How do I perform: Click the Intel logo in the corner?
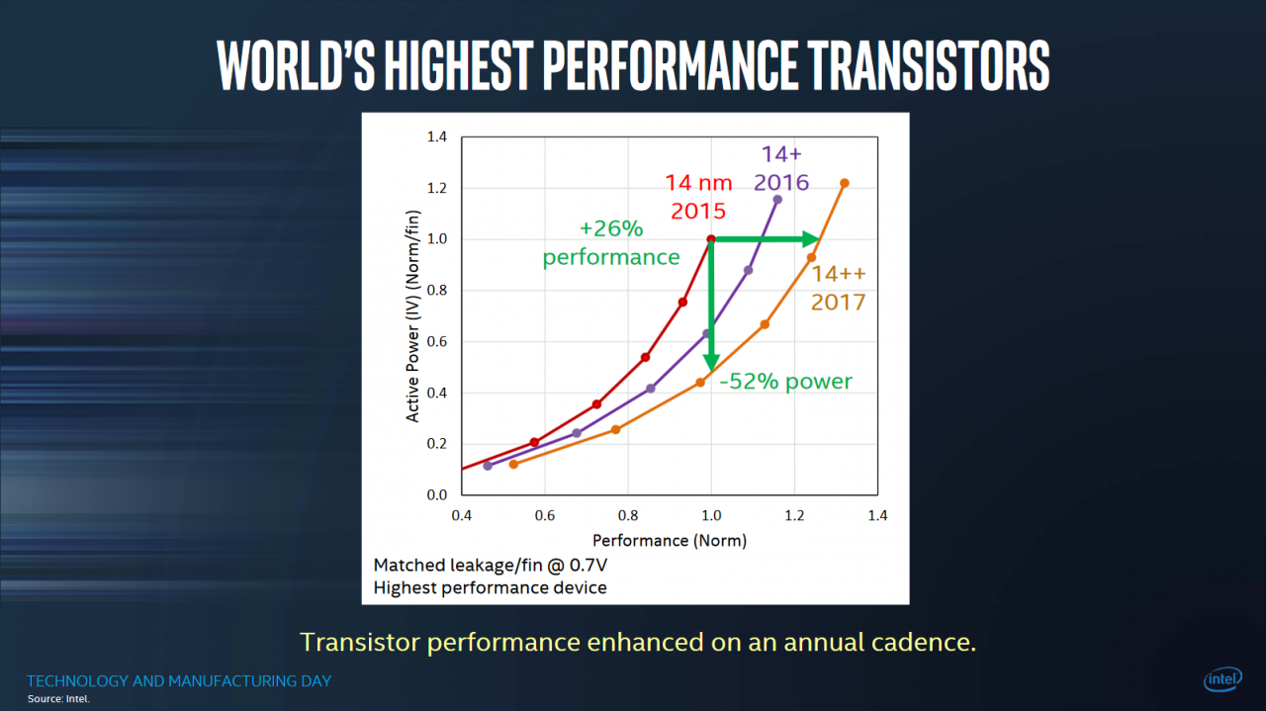point(1223,678)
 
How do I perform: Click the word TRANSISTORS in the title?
point(929,65)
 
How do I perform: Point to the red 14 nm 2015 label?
point(698,197)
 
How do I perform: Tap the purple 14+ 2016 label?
point(781,168)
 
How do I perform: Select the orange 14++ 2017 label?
point(838,288)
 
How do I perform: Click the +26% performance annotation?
point(611,242)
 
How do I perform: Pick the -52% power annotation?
point(785,382)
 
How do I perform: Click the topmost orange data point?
point(845,183)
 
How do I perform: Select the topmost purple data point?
point(777,200)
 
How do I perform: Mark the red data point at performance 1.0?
point(711,239)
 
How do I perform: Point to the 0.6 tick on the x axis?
point(545,515)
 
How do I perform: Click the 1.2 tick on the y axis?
point(437,188)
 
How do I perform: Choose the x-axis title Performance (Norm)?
point(670,541)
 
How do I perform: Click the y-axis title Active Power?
point(412,316)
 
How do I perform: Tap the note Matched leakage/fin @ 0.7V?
point(491,566)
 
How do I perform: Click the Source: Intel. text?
point(58,699)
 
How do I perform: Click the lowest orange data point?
point(513,465)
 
